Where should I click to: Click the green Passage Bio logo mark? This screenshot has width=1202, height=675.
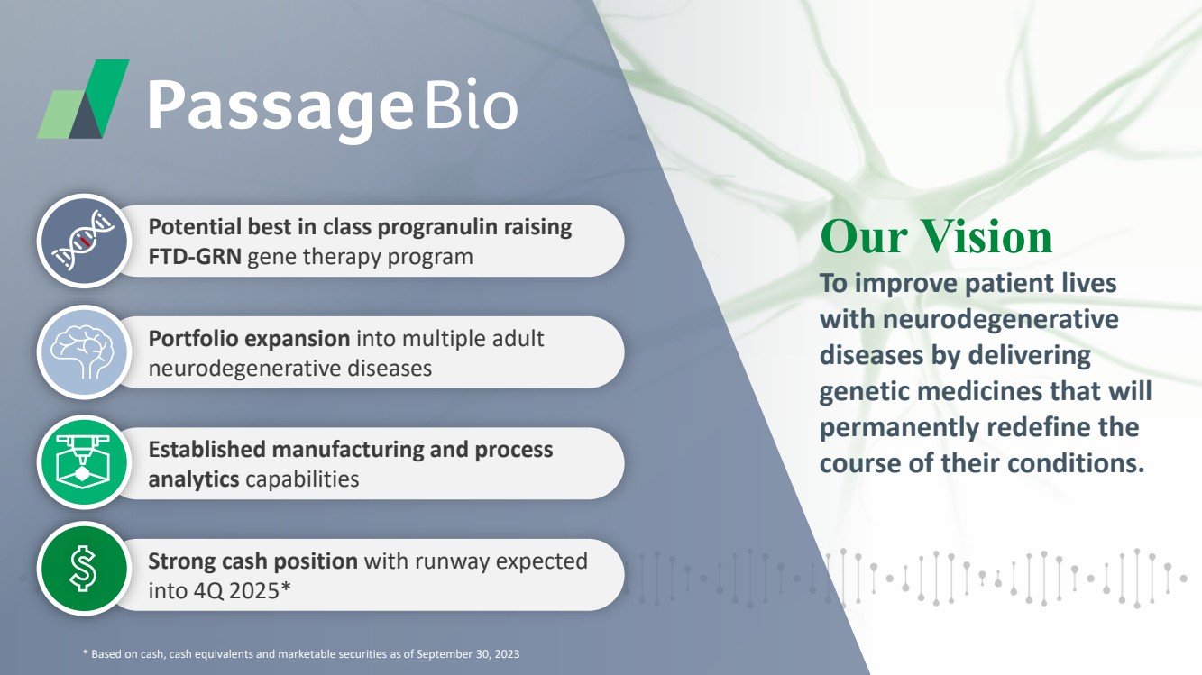point(83,99)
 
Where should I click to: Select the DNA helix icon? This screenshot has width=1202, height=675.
point(84,241)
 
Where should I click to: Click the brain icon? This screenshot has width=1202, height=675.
point(84,352)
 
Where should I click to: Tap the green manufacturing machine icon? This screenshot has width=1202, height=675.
point(84,462)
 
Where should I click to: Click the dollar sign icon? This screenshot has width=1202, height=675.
point(84,569)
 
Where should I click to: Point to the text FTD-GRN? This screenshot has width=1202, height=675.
point(195,257)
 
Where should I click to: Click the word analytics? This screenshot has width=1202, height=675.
point(194,479)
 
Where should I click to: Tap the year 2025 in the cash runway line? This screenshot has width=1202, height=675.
point(253,591)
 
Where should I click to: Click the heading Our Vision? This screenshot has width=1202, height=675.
point(936,236)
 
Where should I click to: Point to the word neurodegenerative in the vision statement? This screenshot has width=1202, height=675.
point(1000,320)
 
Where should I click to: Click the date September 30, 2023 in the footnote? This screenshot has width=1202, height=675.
point(468,654)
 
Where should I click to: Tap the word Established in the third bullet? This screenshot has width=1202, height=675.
point(206,450)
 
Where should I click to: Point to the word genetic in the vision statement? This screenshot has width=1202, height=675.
point(864,391)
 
